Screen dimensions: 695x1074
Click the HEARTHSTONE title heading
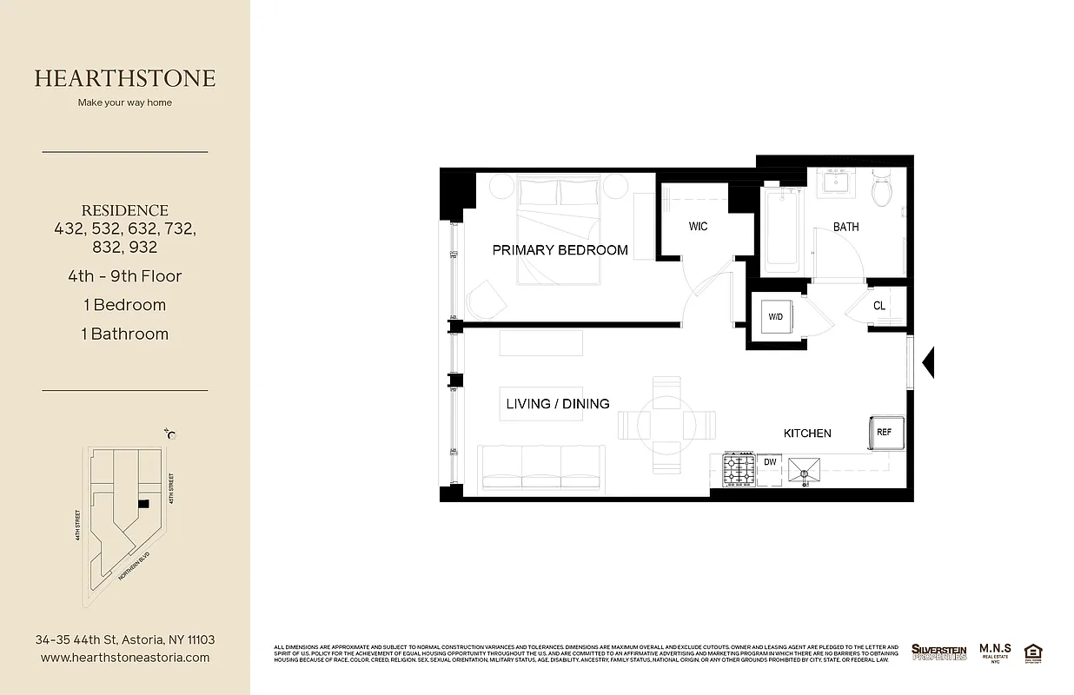coord(125,78)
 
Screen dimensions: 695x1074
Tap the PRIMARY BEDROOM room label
coord(560,250)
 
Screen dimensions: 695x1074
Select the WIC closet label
coord(698,227)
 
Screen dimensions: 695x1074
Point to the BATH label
coord(845,227)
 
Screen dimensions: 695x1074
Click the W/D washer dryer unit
coord(776,317)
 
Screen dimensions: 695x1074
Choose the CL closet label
coord(879,306)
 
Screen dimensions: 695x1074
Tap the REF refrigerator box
coord(884,432)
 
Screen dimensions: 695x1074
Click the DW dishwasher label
coord(770,462)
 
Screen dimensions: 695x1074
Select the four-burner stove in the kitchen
coord(739,470)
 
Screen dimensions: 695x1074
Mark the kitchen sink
coord(805,471)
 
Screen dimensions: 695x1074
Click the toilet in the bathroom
coord(882,189)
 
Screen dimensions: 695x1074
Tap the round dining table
coord(666,425)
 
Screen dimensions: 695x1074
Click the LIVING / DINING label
coord(558,404)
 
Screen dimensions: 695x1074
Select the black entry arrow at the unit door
coord(927,362)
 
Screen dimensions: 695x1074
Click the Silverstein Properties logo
coord(938,652)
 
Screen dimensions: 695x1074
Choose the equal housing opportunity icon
coord(1033,652)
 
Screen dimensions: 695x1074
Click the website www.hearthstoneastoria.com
coord(125,658)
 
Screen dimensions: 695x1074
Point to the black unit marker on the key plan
coord(143,503)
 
